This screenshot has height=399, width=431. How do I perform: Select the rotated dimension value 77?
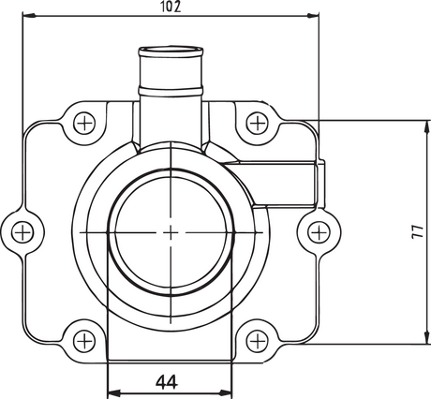coord(417,231)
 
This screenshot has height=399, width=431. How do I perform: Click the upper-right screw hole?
coord(256,122)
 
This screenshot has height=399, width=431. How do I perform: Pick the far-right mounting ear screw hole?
coord(320,229)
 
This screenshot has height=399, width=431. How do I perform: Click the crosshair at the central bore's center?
coord(171,229)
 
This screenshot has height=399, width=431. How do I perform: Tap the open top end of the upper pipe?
coord(171,49)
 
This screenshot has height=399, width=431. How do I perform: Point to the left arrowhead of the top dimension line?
coord(27,16)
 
